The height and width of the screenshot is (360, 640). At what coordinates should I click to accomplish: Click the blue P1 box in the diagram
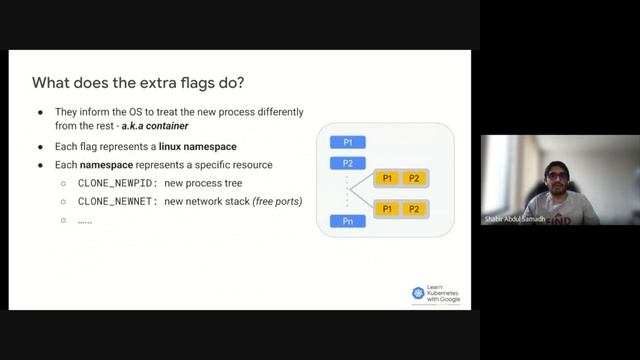click(x=348, y=143)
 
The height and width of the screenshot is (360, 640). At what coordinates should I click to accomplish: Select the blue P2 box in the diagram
click(x=348, y=163)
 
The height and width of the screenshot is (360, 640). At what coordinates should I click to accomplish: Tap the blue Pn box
click(x=348, y=221)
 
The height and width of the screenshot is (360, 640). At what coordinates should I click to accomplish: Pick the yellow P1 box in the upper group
click(x=387, y=178)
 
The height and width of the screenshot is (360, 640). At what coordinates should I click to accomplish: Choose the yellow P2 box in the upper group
click(x=414, y=178)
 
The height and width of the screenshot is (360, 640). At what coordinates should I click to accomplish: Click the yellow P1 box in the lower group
click(x=387, y=209)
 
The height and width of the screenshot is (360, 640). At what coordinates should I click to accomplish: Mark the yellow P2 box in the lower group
click(x=414, y=209)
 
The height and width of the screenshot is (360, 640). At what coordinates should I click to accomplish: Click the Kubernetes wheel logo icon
click(x=418, y=292)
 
